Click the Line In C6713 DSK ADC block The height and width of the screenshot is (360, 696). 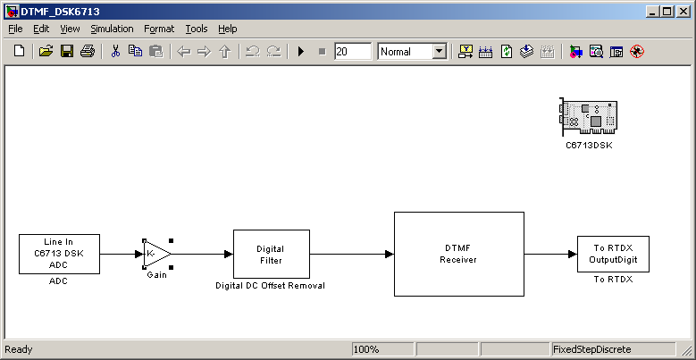click(x=59, y=254)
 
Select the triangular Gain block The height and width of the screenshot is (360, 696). click(x=157, y=254)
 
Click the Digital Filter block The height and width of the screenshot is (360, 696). click(x=272, y=254)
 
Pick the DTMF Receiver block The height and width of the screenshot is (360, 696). click(x=459, y=254)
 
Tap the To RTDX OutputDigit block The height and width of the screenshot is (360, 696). click(x=613, y=254)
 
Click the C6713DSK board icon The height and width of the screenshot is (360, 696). click(x=589, y=117)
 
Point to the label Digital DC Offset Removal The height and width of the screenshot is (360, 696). click(x=271, y=286)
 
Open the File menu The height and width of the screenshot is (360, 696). click(x=15, y=29)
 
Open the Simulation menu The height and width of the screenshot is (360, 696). click(x=112, y=29)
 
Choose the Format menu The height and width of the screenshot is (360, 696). click(x=159, y=29)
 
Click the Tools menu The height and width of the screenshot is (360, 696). click(x=197, y=29)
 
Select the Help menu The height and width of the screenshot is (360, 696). click(x=227, y=29)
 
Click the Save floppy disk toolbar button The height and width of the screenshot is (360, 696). click(x=67, y=52)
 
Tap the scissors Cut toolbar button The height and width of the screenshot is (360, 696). click(x=115, y=52)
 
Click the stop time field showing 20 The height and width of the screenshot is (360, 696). click(x=353, y=52)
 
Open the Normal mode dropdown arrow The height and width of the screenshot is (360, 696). click(x=440, y=52)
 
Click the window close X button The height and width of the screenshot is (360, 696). click(x=683, y=12)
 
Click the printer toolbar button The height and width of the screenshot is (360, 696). click(x=87, y=52)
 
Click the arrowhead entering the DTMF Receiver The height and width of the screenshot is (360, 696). click(x=390, y=254)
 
